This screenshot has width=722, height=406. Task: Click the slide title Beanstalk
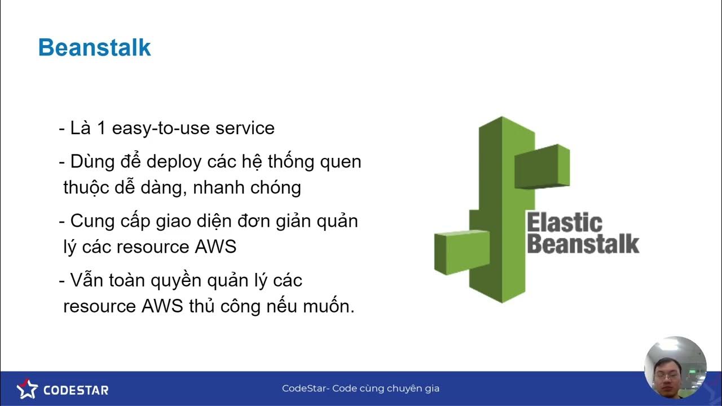[x=94, y=48]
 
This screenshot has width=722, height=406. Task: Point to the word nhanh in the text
[x=217, y=187]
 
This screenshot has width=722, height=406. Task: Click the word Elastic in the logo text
[x=564, y=223]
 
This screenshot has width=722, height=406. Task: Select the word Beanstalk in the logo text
[x=582, y=244]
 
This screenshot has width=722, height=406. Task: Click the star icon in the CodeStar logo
[x=27, y=389]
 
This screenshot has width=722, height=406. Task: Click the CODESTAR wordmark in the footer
[x=76, y=390]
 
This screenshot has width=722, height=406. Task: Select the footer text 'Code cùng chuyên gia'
[x=385, y=389]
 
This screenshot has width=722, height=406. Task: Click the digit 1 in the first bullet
[x=102, y=128]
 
